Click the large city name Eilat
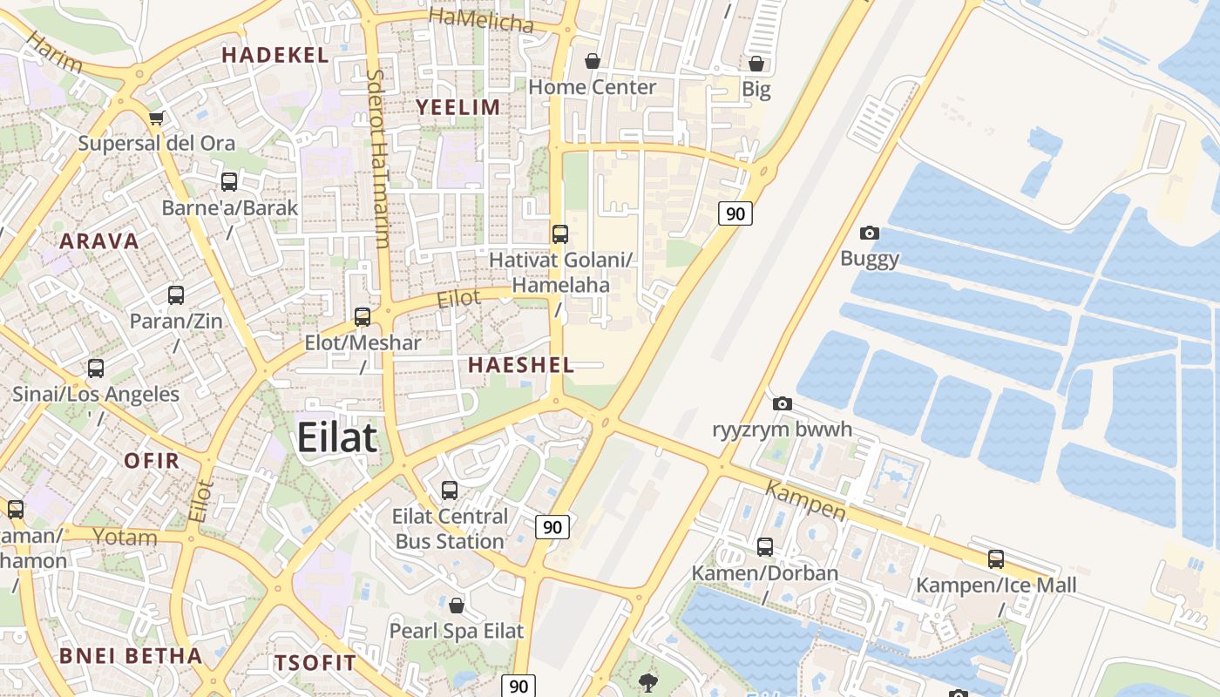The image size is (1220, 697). [x=337, y=436]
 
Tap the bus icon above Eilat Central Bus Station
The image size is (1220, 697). [x=450, y=491]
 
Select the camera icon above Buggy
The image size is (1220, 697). [x=869, y=233]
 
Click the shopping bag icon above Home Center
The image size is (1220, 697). [x=593, y=61]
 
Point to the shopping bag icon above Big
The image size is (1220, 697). [x=756, y=64]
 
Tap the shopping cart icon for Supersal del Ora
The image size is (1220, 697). [x=156, y=118]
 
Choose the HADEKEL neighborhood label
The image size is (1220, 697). [x=274, y=55]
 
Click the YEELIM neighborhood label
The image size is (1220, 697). [x=457, y=107]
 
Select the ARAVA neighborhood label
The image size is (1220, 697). [x=98, y=241]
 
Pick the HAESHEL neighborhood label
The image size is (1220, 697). [x=521, y=365]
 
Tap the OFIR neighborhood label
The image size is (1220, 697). [x=152, y=461]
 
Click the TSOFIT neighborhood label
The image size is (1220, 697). [x=315, y=662]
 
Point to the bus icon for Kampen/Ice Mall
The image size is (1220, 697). [x=996, y=559]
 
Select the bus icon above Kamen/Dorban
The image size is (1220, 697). [x=764, y=547]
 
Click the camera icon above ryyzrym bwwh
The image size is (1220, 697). [x=782, y=403]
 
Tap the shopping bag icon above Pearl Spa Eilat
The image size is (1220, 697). [x=456, y=605]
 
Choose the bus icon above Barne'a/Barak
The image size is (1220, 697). [x=229, y=182]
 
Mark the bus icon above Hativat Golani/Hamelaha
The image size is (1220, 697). [x=560, y=233]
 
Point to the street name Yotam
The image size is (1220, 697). [x=125, y=537]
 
